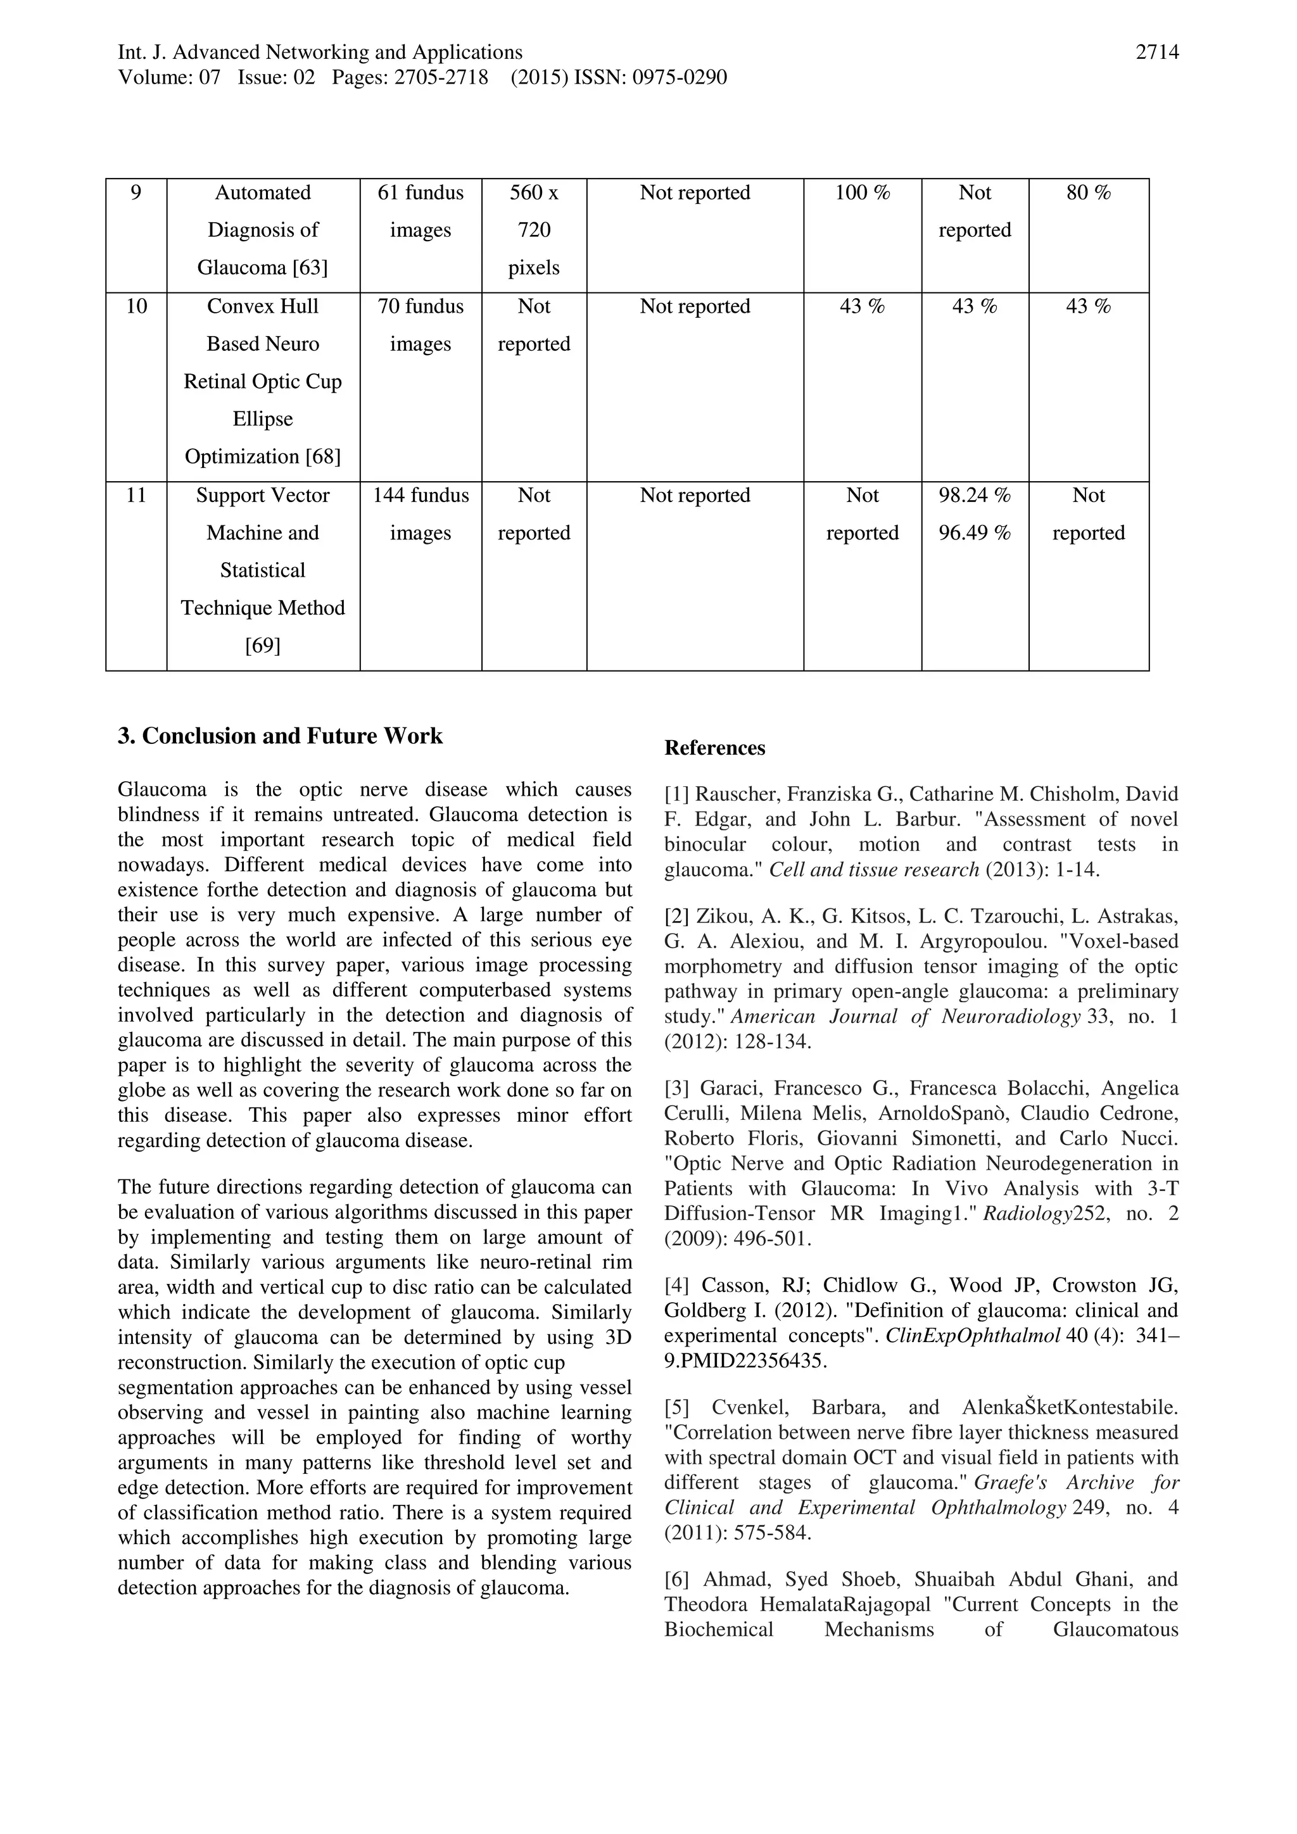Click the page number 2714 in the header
(x=1156, y=53)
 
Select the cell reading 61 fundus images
(x=421, y=211)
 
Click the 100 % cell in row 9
(x=863, y=193)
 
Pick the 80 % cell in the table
(x=1089, y=193)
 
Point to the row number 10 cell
(x=137, y=307)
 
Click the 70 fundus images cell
(x=421, y=325)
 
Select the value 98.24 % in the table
(x=974, y=496)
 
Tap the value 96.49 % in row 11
(x=974, y=533)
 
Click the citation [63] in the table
(x=310, y=268)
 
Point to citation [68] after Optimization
(x=323, y=457)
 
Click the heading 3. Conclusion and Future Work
(x=280, y=736)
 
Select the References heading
(x=714, y=748)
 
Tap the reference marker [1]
(x=677, y=795)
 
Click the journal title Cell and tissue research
(x=873, y=870)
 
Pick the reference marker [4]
(x=677, y=1286)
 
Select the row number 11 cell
(x=137, y=496)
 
